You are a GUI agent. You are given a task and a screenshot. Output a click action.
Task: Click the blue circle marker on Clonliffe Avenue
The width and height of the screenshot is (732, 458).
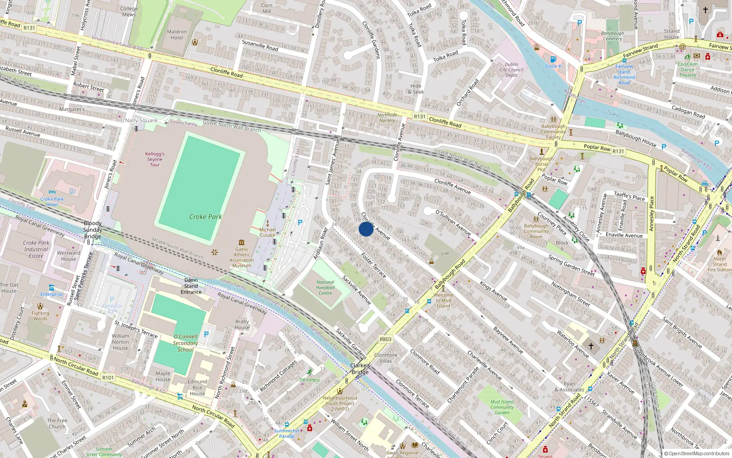coord(366,229)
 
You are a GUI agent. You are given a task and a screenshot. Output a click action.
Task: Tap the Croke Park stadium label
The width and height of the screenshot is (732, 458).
coord(205,217)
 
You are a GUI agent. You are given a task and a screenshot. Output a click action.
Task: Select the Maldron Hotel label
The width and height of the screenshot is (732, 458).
coord(177,35)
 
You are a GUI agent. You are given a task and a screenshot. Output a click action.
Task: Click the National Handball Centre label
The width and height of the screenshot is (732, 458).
coord(325,288)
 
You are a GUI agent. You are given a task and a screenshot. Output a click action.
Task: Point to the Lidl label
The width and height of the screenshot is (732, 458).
coord(445,253)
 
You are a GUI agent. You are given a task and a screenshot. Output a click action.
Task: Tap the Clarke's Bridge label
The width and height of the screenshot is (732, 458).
coord(360,369)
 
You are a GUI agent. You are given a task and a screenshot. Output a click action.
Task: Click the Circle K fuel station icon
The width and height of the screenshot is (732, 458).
coord(553,60)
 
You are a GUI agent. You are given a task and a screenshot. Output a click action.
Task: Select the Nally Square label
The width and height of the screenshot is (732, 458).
coord(141,120)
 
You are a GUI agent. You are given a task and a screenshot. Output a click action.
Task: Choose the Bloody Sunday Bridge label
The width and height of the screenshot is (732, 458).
coord(93,230)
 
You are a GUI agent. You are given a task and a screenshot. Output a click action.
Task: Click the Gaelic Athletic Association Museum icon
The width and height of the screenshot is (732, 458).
coord(242,242)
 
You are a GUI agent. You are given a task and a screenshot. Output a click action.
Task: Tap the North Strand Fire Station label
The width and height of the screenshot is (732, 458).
coord(719,264)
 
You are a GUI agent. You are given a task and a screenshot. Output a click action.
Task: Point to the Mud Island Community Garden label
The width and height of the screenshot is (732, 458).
coord(502,407)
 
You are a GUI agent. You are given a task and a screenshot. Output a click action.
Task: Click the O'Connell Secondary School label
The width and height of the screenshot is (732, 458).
coord(185,343)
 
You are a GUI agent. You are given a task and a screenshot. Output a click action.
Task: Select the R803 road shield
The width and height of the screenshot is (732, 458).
coord(386,339)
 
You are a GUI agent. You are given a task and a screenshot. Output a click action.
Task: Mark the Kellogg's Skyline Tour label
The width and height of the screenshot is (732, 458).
coord(155,159)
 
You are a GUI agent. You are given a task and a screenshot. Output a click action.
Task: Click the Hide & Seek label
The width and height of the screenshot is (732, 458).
coord(416,89)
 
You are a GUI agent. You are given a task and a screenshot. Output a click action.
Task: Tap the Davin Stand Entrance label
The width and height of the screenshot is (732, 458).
coord(191,286)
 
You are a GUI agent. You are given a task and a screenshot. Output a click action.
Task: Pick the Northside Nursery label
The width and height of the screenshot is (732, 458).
coord(387,118)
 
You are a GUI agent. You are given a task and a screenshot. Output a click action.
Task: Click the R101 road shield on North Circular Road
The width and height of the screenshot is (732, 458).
coord(108,377)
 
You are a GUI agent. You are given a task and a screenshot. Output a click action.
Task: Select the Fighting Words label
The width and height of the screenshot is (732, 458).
coord(40,316)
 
